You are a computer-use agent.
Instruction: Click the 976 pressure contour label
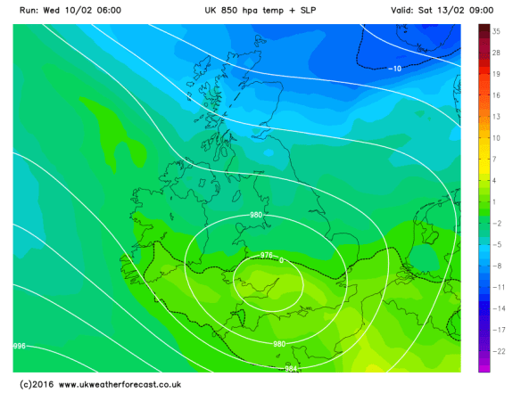pyautogui.click(x=265, y=257)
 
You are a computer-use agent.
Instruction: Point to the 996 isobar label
pyautogui.click(x=19, y=345)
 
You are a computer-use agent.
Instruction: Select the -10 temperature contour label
pyautogui.click(x=395, y=69)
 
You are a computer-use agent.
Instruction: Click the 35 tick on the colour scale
pyautogui.click(x=495, y=30)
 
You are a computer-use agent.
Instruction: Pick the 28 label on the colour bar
pyautogui.click(x=495, y=53)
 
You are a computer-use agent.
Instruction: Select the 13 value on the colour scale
pyautogui.click(x=495, y=117)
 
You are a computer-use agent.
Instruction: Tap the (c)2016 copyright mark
pyautogui.click(x=36, y=384)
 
